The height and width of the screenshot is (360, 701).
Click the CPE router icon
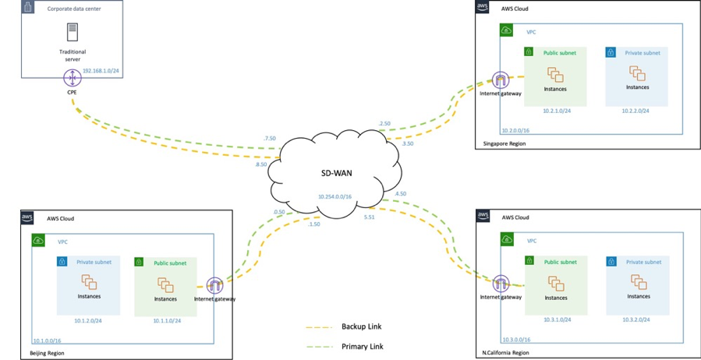click(x=72, y=77)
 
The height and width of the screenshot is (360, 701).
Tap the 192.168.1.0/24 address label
click(x=100, y=70)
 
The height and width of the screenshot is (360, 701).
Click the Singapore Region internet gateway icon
click(x=501, y=80)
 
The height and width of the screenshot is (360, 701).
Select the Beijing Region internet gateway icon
click(x=214, y=285)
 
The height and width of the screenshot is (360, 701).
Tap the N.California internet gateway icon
click(x=501, y=284)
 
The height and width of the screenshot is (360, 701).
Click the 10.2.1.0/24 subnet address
click(x=557, y=111)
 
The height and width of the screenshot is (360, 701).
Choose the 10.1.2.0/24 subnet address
click(x=89, y=319)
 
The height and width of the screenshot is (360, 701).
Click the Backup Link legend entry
click(x=361, y=326)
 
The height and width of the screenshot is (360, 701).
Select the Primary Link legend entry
click(x=362, y=346)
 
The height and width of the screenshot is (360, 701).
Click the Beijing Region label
click(x=47, y=353)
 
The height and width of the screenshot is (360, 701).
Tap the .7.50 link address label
click(x=269, y=138)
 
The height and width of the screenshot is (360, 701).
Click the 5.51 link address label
click(x=370, y=217)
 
